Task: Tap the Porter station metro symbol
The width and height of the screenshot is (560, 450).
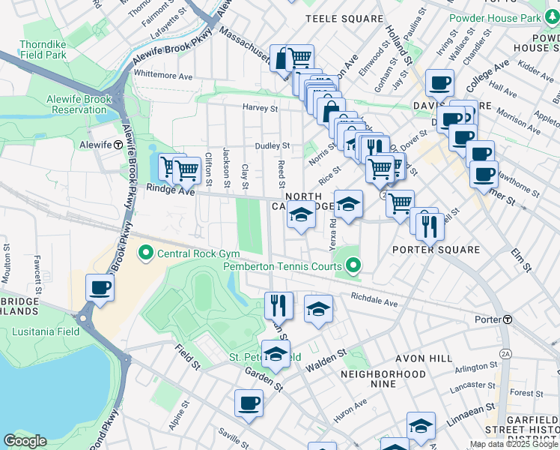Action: tap(508, 319)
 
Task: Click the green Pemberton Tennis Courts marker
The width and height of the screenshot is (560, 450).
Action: tap(353, 265)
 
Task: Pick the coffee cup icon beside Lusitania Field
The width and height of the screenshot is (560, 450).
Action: tap(100, 287)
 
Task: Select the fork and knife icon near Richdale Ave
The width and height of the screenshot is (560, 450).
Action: tap(279, 304)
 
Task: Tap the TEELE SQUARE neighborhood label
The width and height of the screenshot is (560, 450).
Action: tap(344, 17)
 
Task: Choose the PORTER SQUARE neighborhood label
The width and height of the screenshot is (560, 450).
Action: tap(436, 250)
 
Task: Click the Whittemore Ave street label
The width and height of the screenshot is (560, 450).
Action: tap(162, 75)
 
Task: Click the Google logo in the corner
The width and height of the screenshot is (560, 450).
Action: tap(25, 441)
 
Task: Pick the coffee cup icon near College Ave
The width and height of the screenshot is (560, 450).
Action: tap(439, 82)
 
